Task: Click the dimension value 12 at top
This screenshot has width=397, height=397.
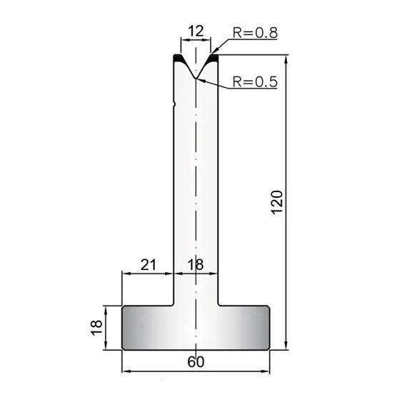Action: (196, 31)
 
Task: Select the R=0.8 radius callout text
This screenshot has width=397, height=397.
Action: (255, 33)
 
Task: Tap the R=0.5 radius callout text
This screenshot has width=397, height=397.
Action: (255, 81)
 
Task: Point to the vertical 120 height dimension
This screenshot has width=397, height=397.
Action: (277, 202)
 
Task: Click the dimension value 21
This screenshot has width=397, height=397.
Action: (149, 265)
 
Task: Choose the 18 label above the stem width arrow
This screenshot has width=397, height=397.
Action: (196, 265)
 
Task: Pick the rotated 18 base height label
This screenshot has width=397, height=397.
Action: (96, 328)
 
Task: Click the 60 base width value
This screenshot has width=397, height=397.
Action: (196, 362)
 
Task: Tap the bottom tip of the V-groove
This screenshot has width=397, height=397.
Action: (196, 79)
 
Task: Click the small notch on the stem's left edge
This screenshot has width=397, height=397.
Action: (174, 104)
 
